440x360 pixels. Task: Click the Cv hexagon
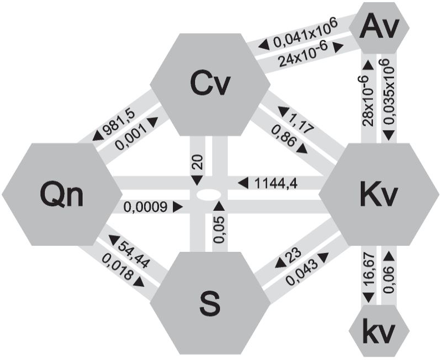(x=210, y=84)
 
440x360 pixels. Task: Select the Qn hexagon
(x=62, y=194)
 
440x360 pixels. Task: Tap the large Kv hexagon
(x=379, y=194)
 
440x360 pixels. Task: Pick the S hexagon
(x=210, y=303)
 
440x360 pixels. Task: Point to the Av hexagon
(x=379, y=27)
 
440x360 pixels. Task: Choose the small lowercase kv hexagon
(x=379, y=330)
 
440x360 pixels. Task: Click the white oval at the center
(x=208, y=195)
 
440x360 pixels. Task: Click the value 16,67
(x=369, y=271)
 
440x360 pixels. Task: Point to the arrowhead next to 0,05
(x=219, y=206)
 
